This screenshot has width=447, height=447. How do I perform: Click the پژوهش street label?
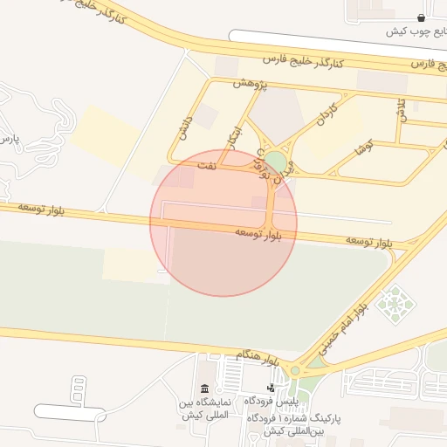click(249, 83)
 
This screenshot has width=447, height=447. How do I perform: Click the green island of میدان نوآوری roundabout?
click(276, 162)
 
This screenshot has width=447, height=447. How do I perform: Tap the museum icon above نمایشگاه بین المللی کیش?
click(204, 389)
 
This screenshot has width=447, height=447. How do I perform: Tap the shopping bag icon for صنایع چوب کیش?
click(422, 17)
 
